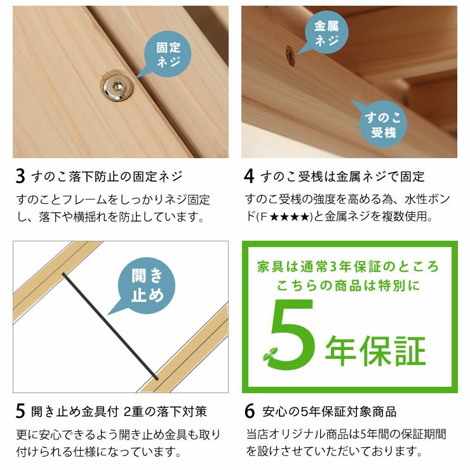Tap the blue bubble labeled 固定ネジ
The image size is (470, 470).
(x=168, y=55)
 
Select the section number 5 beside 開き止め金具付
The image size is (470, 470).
(x=20, y=412)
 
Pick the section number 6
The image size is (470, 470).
(x=249, y=412)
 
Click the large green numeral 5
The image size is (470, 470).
(x=293, y=335)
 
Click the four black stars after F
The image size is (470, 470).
(x=290, y=217)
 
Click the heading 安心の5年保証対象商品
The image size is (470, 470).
(x=329, y=412)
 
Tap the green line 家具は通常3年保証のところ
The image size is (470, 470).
(x=349, y=266)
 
